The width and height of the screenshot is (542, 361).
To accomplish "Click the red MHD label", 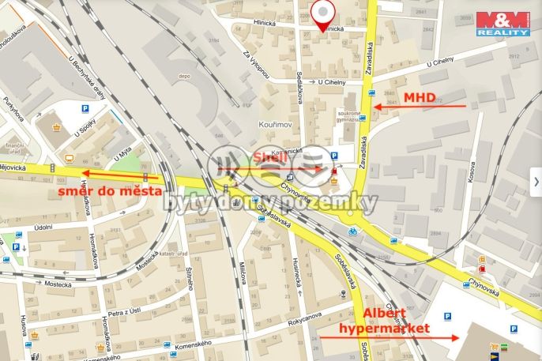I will [420, 97].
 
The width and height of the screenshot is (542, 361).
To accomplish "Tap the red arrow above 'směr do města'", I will [122, 174].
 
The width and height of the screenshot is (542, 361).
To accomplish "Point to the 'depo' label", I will [184, 77].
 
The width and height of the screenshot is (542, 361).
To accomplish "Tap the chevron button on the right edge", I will [535, 180].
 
